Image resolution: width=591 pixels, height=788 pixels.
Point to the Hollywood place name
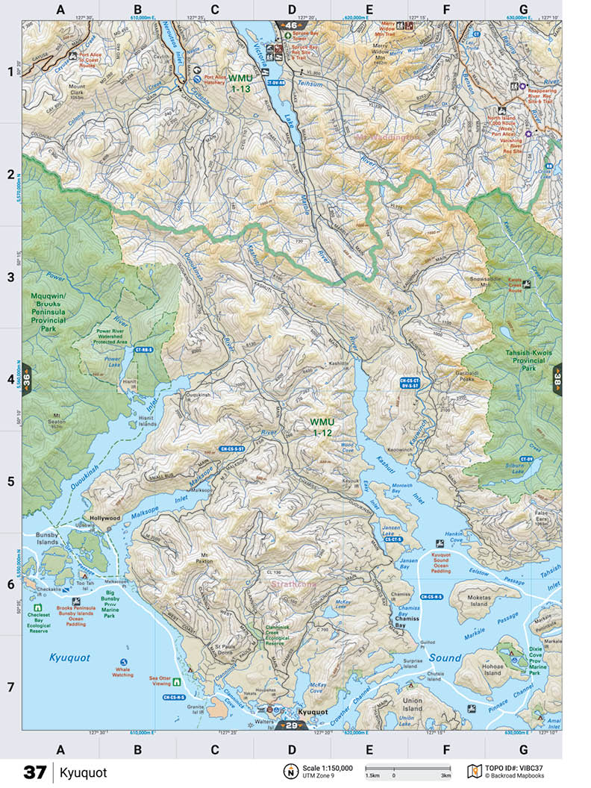[x=104, y=517]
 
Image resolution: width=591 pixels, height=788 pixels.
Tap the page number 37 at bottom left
[x=34, y=772]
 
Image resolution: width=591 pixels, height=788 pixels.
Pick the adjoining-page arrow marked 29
[x=291, y=725]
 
